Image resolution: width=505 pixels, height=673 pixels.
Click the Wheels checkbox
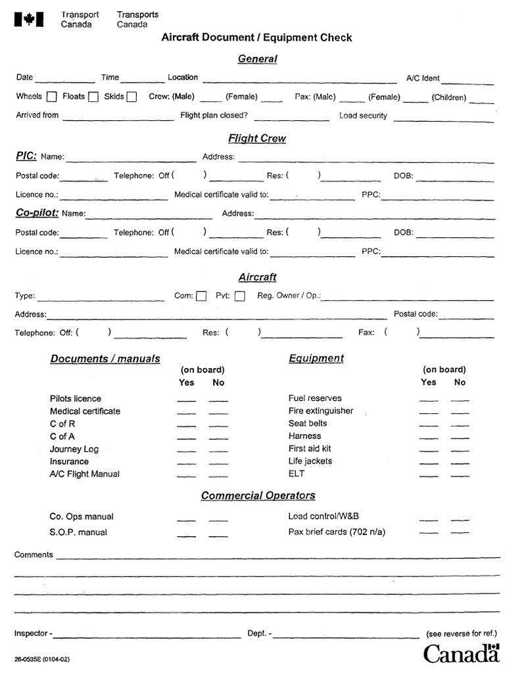pos(52,97)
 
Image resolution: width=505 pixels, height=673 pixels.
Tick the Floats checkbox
pos(93,97)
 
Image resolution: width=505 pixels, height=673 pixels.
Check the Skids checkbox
pos(132,97)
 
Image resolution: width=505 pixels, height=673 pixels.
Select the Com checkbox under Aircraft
pos(201,296)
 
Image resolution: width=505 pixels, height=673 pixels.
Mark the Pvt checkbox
pos(240,296)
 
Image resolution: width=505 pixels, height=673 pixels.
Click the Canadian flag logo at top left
pos(29,20)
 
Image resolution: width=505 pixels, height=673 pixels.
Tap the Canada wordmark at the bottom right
pos(461,653)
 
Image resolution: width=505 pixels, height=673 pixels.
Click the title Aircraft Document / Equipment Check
pos(256,37)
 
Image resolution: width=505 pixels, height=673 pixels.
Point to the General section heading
pos(257,58)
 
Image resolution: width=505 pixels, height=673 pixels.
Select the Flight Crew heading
pos(257,138)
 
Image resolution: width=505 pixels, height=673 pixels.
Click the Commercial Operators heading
pos(258,495)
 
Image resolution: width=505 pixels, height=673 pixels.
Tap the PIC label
pos(26,156)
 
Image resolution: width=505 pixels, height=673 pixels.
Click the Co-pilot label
pos(37,212)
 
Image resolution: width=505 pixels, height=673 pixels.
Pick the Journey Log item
pos(74,449)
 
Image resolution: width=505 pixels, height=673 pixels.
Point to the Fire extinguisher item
pos(320,411)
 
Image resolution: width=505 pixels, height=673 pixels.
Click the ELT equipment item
pos(297,473)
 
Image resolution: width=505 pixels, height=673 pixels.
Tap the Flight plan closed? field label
pos(214,115)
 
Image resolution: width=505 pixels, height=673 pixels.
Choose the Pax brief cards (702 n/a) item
pos(337,532)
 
